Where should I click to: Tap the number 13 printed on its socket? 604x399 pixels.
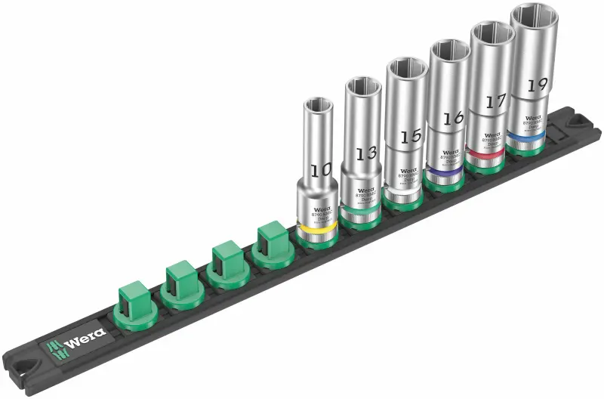(365, 153)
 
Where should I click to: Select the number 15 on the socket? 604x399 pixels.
(410, 137)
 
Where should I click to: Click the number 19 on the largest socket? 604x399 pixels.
(537, 84)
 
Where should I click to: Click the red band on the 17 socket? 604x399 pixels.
(486, 155)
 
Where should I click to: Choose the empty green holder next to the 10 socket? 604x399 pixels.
(274, 243)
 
